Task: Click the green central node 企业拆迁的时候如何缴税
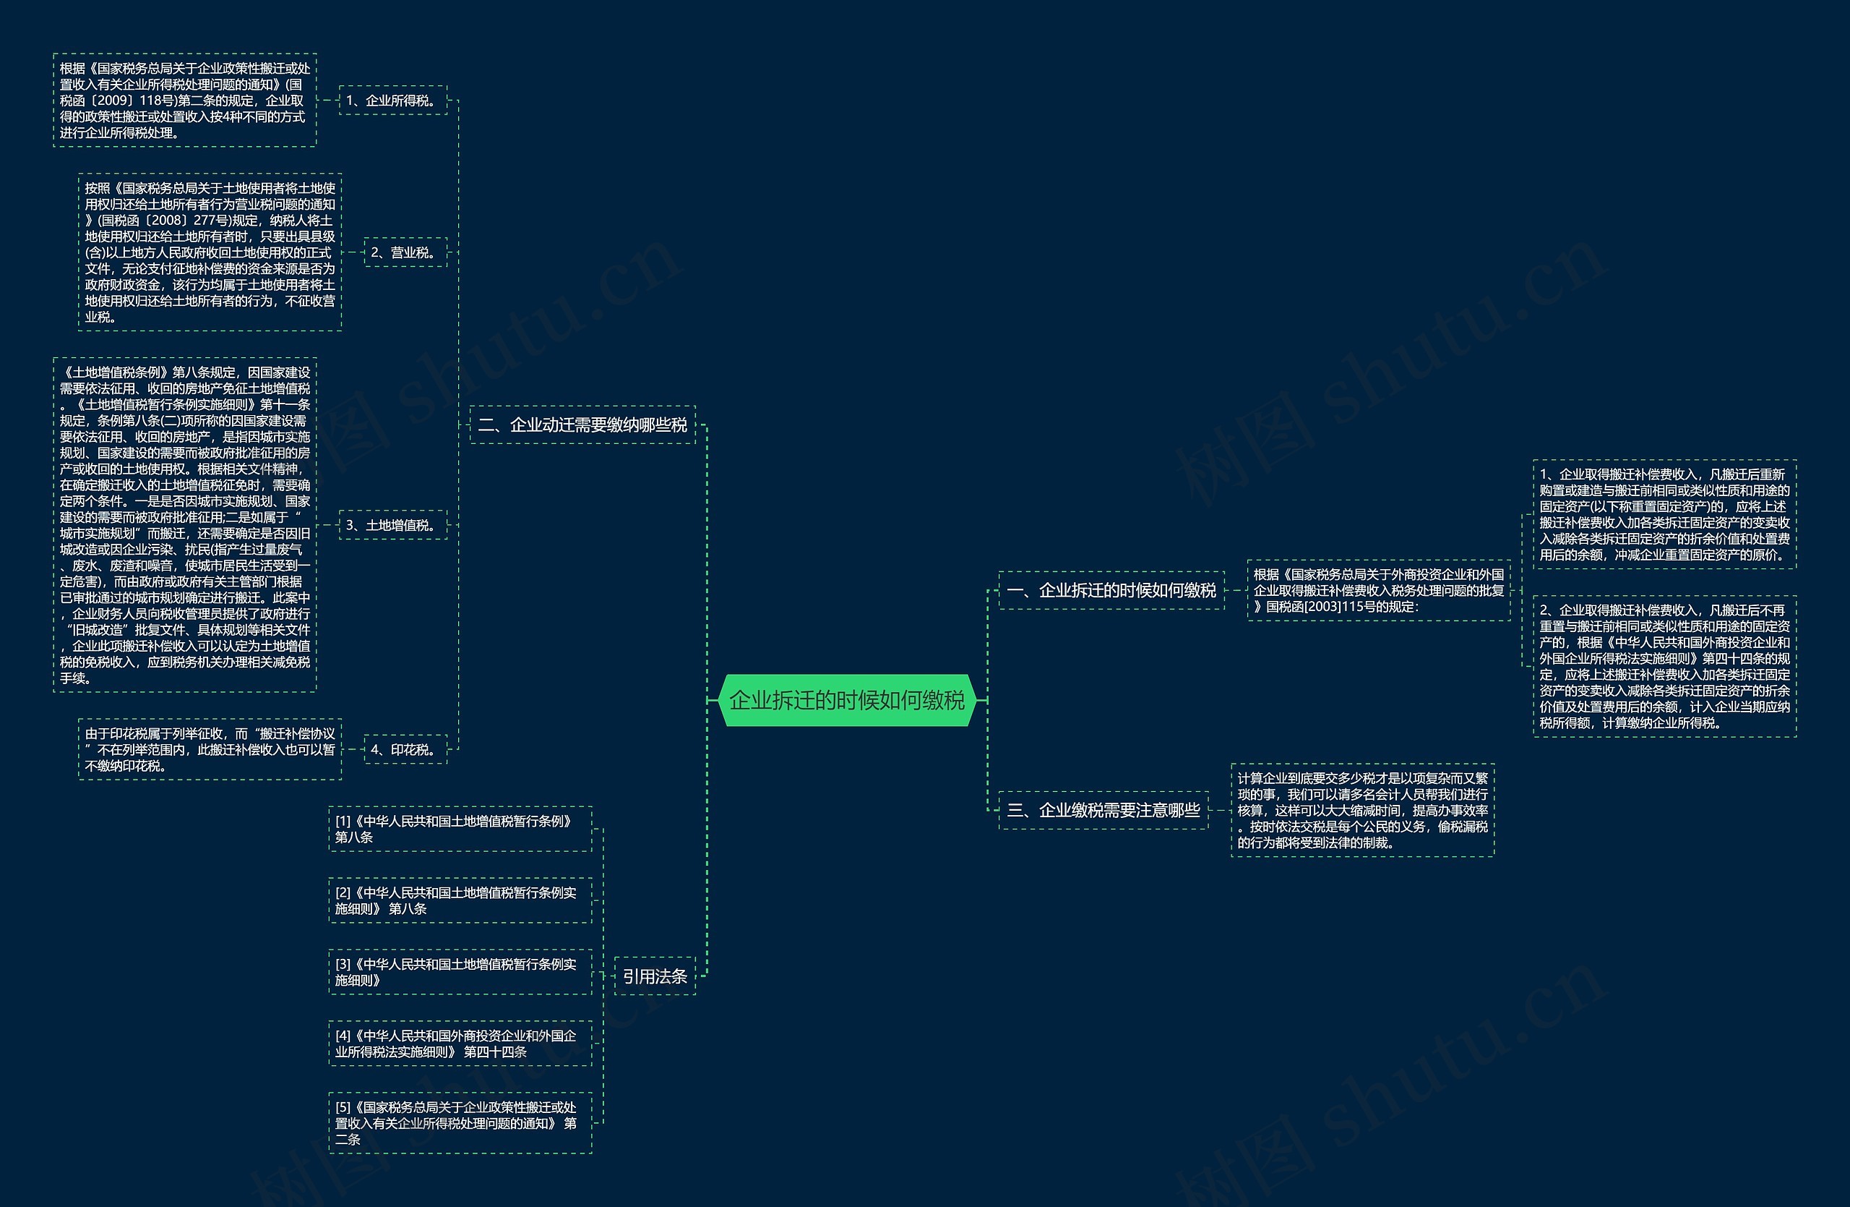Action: click(x=847, y=700)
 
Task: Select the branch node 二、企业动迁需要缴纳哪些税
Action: click(x=582, y=425)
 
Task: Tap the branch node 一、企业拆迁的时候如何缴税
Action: click(x=1111, y=590)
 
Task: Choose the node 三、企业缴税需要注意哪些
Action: click(x=1103, y=811)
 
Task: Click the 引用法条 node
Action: click(x=655, y=976)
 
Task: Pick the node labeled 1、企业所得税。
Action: click(x=392, y=101)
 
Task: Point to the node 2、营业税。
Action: click(x=405, y=252)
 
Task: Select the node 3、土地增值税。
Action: click(x=392, y=525)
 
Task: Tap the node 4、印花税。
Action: click(x=405, y=750)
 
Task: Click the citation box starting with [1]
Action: click(x=460, y=829)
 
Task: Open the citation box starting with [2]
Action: click(x=460, y=900)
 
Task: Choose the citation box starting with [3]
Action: click(x=460, y=972)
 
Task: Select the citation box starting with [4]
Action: click(x=460, y=1044)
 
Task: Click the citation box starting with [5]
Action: click(x=460, y=1123)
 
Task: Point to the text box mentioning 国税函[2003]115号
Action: click(x=1378, y=590)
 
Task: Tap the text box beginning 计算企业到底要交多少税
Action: click(x=1362, y=811)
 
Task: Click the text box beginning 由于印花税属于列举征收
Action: click(x=209, y=750)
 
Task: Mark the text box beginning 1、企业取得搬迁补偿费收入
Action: click(x=1664, y=514)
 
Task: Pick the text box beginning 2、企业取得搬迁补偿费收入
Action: click(x=1664, y=667)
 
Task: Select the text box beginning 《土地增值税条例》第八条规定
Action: click(x=184, y=525)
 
